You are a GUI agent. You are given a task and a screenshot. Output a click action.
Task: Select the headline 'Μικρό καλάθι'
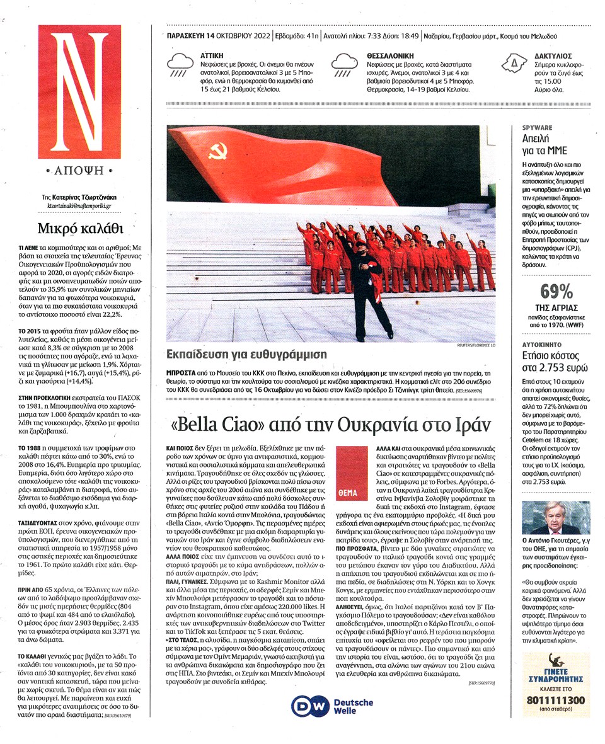pyautogui.click(x=71, y=227)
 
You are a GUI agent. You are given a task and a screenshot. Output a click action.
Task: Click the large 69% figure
pyautogui.click(x=557, y=292)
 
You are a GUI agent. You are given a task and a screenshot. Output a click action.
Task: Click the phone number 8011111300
pyautogui.click(x=556, y=701)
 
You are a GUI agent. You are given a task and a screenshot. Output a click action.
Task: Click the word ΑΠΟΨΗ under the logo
pyautogui.click(x=70, y=171)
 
